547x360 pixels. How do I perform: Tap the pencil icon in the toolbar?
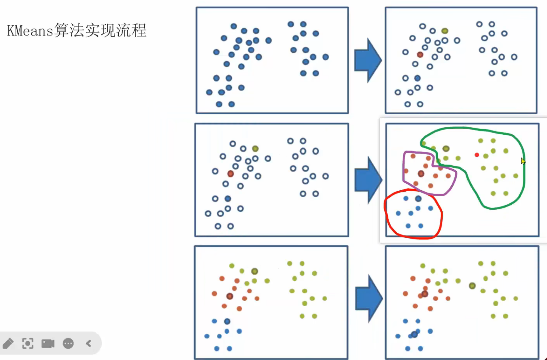[x=8, y=343]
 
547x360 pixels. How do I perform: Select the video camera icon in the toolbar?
[x=48, y=343]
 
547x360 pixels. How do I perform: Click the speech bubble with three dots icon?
[x=68, y=343]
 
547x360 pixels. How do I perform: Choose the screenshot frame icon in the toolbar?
[x=28, y=343]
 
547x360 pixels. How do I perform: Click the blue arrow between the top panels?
[x=368, y=60]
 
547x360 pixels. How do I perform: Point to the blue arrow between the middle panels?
[x=368, y=180]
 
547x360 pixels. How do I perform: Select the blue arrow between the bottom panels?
[x=369, y=298]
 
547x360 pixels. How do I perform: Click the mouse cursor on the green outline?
[x=523, y=161]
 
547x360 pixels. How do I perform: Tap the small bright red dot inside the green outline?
[x=477, y=155]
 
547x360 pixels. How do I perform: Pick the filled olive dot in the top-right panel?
[x=445, y=31]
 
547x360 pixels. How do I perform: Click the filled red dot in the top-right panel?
[x=420, y=55]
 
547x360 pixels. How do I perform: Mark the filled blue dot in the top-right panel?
[x=417, y=78]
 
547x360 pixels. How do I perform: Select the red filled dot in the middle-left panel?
[x=230, y=174]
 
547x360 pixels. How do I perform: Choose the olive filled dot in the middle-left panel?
[x=255, y=149]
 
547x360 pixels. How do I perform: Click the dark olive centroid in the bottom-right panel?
[x=472, y=286]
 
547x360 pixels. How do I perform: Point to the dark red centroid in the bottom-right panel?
[x=425, y=294]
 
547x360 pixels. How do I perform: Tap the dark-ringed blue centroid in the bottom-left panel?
[x=227, y=321]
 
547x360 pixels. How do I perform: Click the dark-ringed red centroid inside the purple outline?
[x=421, y=174]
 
